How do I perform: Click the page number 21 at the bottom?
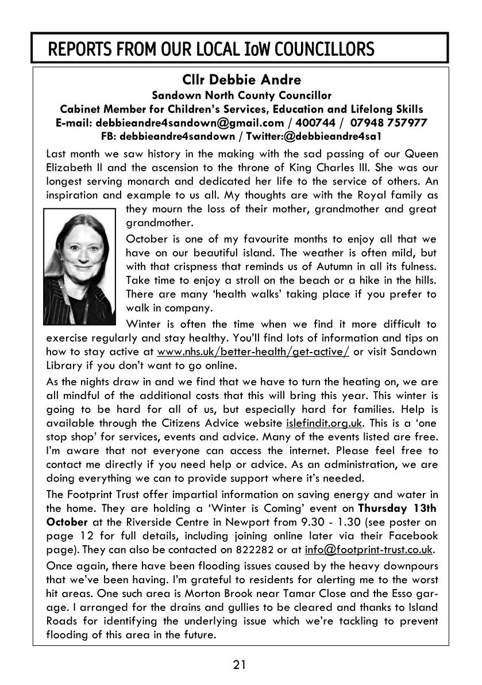(x=240, y=665)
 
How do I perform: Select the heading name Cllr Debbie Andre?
(x=241, y=79)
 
